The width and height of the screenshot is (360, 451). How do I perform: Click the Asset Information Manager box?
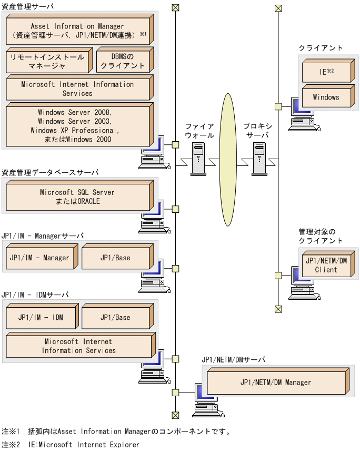click(77, 31)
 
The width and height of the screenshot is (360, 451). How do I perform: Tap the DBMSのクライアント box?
click(123, 61)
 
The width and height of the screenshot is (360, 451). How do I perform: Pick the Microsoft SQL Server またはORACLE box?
click(77, 197)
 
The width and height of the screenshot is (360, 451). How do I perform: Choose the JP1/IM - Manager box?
click(39, 258)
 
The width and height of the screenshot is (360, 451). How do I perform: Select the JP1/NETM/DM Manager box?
click(275, 383)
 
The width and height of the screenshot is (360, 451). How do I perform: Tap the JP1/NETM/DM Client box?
click(326, 265)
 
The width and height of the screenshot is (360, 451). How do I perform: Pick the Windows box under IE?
click(326, 97)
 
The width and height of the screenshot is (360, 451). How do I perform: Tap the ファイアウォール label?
click(199, 131)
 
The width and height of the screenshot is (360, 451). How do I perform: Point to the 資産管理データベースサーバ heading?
click(50, 172)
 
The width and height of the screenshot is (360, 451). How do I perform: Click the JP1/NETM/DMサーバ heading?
click(233, 359)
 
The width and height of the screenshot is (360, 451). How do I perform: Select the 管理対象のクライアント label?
click(321, 236)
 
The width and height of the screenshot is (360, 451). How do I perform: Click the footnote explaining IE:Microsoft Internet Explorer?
click(71, 445)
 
